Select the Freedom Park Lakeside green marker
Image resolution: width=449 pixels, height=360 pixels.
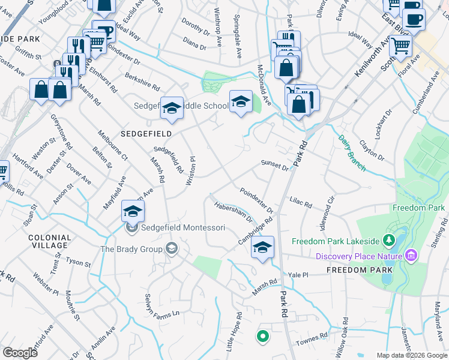pyautogui.click(x=388, y=241)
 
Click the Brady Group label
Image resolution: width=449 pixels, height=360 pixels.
pyautogui.click(x=132, y=249)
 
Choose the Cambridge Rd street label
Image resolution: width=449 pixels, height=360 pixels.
pyautogui.click(x=255, y=229)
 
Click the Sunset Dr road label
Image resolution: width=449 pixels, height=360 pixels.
pyautogui.click(x=275, y=165)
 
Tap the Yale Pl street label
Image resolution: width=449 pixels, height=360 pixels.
pyautogui.click(x=298, y=275)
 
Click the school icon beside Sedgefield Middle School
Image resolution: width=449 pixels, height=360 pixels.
pyautogui.click(x=172, y=107)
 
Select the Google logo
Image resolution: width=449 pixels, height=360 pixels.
pyautogui.click(x=20, y=353)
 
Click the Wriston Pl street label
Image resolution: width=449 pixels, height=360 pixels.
pyautogui.click(x=193, y=170)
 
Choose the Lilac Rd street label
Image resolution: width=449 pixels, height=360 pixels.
pyautogui.click(x=301, y=202)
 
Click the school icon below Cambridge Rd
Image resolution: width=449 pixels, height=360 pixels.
pyautogui.click(x=262, y=247)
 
